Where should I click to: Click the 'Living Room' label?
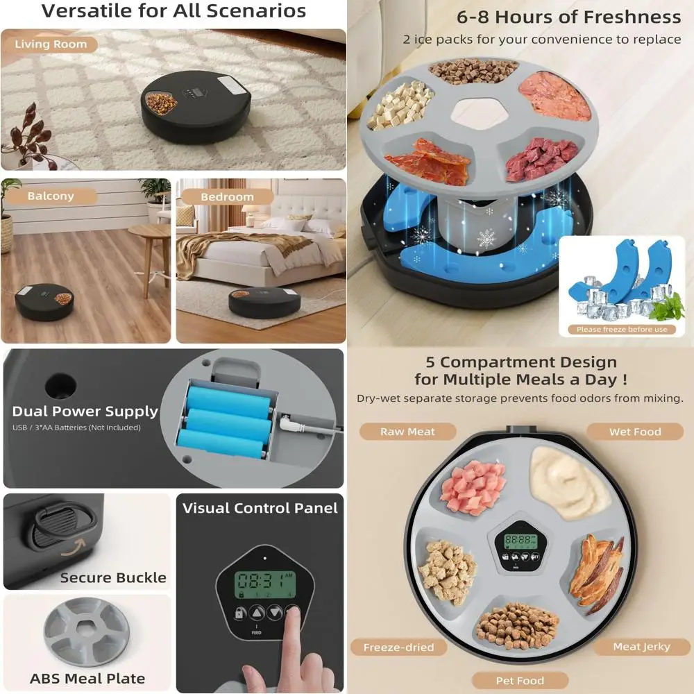pyautogui.click(x=51, y=44)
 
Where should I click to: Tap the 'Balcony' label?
pyautogui.click(x=50, y=196)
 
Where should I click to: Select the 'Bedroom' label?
pyautogui.click(x=227, y=197)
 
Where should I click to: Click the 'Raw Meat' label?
pyautogui.click(x=407, y=432)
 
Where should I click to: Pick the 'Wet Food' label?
pyautogui.click(x=635, y=432)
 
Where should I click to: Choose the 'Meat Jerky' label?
pyautogui.click(x=641, y=647)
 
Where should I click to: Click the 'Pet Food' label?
pyautogui.click(x=520, y=681)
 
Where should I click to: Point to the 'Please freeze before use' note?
pyautogui.click(x=621, y=330)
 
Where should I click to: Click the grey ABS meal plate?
pyautogui.click(x=87, y=633)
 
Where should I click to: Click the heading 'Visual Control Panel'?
pyautogui.click(x=260, y=508)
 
